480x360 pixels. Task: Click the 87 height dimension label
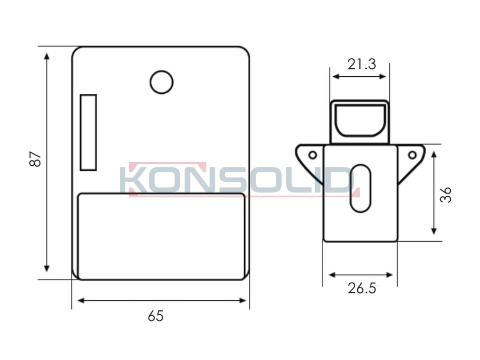[36, 158]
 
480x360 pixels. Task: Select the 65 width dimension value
[156, 316]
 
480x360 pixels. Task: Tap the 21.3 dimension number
[362, 65]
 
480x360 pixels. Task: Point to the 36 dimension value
[446, 194]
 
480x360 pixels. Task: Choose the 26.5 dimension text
[362, 289]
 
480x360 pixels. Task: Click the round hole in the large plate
[162, 82]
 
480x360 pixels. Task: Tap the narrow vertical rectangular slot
[89, 132]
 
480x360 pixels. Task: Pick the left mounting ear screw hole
[313, 155]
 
